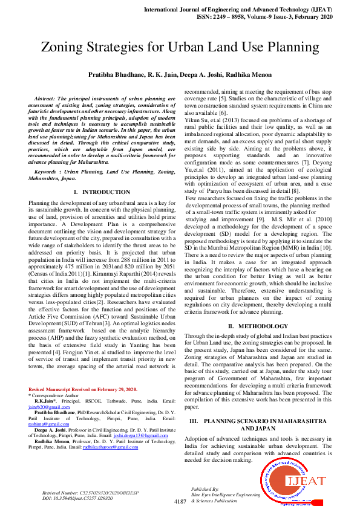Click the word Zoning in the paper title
pyautogui.click(x=66, y=47)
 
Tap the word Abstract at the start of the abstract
pyautogui.click(x=46, y=98)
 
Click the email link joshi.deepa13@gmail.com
pyautogui.click(x=140, y=435)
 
